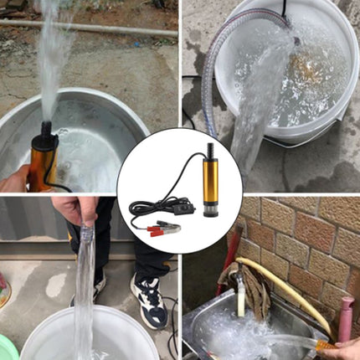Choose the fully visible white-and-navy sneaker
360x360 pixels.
[x=148, y=301]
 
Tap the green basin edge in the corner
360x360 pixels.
[x=8, y=347]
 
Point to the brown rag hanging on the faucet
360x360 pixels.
[x=228, y=276]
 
